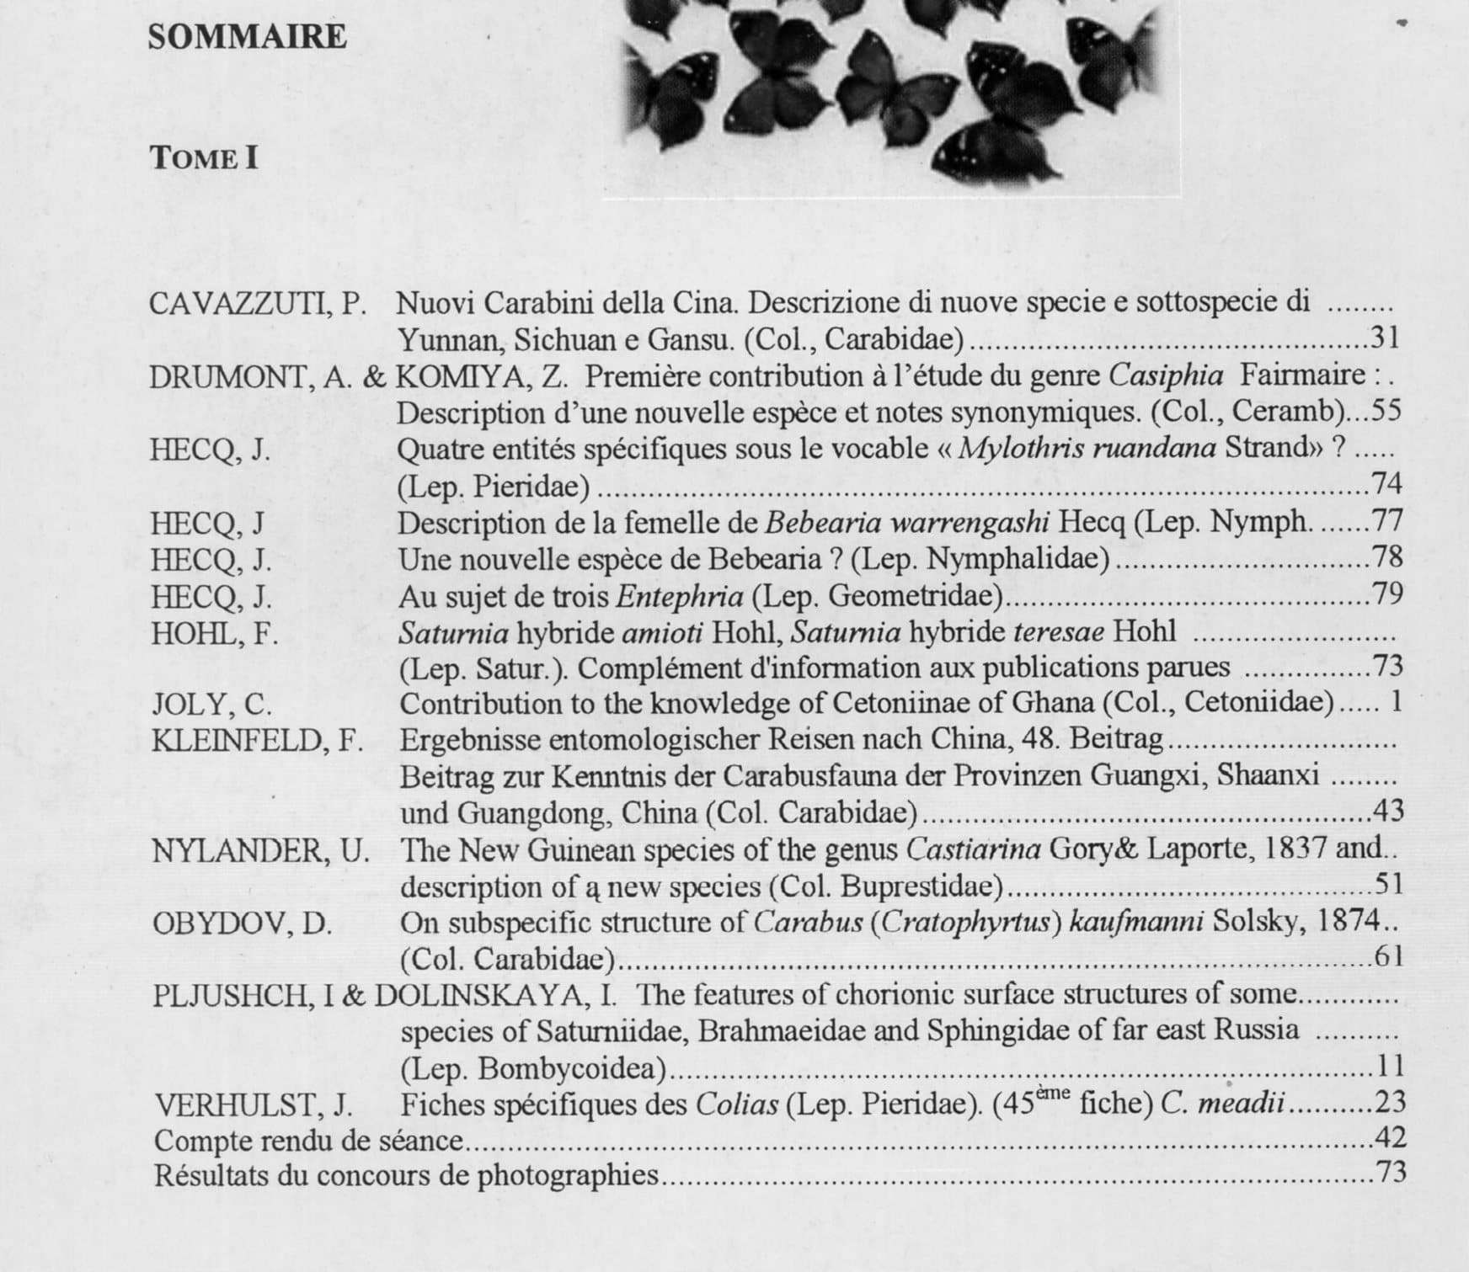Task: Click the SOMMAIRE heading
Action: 247,37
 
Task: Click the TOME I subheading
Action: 204,158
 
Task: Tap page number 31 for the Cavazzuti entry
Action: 1385,338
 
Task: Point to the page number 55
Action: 1386,411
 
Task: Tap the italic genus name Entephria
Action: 680,597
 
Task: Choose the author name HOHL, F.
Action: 214,633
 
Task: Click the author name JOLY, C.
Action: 211,705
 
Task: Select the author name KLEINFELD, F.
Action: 257,741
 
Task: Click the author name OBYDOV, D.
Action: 243,923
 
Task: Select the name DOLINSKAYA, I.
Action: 495,996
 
